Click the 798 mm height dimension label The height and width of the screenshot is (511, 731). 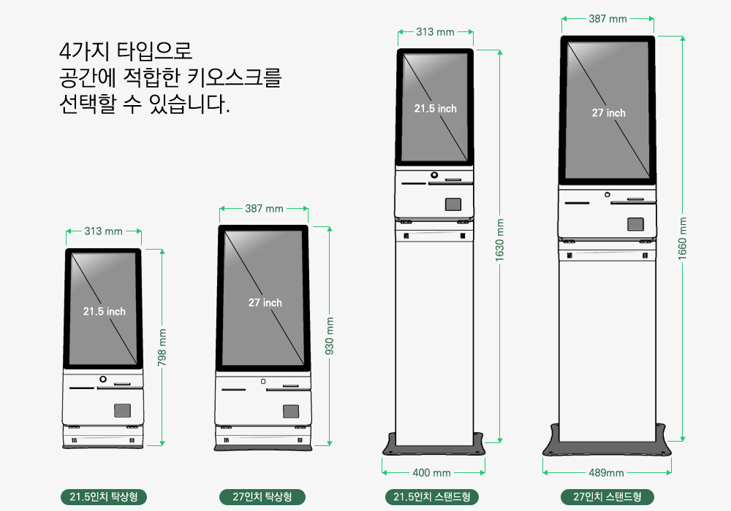162,347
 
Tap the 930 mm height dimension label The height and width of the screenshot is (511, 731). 329,336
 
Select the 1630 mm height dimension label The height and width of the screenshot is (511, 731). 500,240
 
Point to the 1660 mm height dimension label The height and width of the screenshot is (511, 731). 683,239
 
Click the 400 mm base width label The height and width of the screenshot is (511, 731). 432,473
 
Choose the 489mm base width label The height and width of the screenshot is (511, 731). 607,473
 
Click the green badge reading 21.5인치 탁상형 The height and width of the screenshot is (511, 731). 104,496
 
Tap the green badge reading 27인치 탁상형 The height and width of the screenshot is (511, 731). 262,496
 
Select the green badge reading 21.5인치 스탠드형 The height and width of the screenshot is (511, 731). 432,496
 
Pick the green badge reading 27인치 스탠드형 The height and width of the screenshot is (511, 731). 607,496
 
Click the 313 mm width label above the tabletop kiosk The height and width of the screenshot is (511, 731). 104,231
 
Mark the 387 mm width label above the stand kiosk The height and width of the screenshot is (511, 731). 607,19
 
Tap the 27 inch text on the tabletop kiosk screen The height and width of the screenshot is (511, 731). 265,302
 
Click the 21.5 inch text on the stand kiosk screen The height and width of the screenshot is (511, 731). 436,109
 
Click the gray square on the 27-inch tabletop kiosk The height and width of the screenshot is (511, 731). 291,412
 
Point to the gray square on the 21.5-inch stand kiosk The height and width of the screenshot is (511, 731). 452,204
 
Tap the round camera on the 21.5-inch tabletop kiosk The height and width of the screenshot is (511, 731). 103,380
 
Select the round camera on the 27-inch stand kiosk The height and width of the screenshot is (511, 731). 607,194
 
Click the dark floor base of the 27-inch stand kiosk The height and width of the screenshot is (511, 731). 607,448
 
